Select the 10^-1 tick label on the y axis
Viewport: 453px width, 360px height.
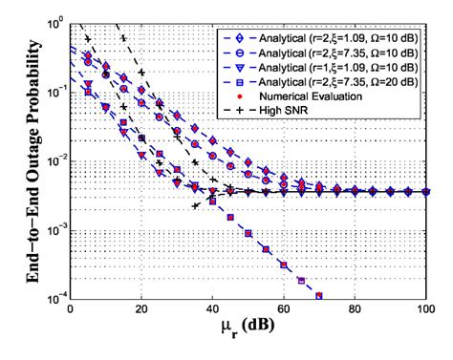click(53, 91)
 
